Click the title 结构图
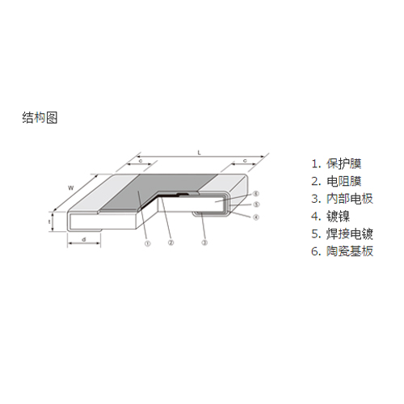pos(40,118)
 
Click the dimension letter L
pos(200,153)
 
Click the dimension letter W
pos(70,188)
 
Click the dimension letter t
pos(49,221)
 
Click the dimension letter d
pos(84,239)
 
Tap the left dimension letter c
pos(141,161)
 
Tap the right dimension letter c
pos(245,161)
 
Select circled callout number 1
pos(147,244)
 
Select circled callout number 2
pos(170,242)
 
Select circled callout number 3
pos(204,242)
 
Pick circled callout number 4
pos(256,217)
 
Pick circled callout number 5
pos(256,204)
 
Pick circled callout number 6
pos(256,193)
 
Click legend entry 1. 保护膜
pos(336,164)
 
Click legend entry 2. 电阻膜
pos(336,181)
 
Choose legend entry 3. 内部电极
pos(342,199)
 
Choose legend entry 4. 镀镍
pos(330,217)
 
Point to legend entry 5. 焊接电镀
pos(342,234)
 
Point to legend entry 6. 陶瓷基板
pos(342,251)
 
